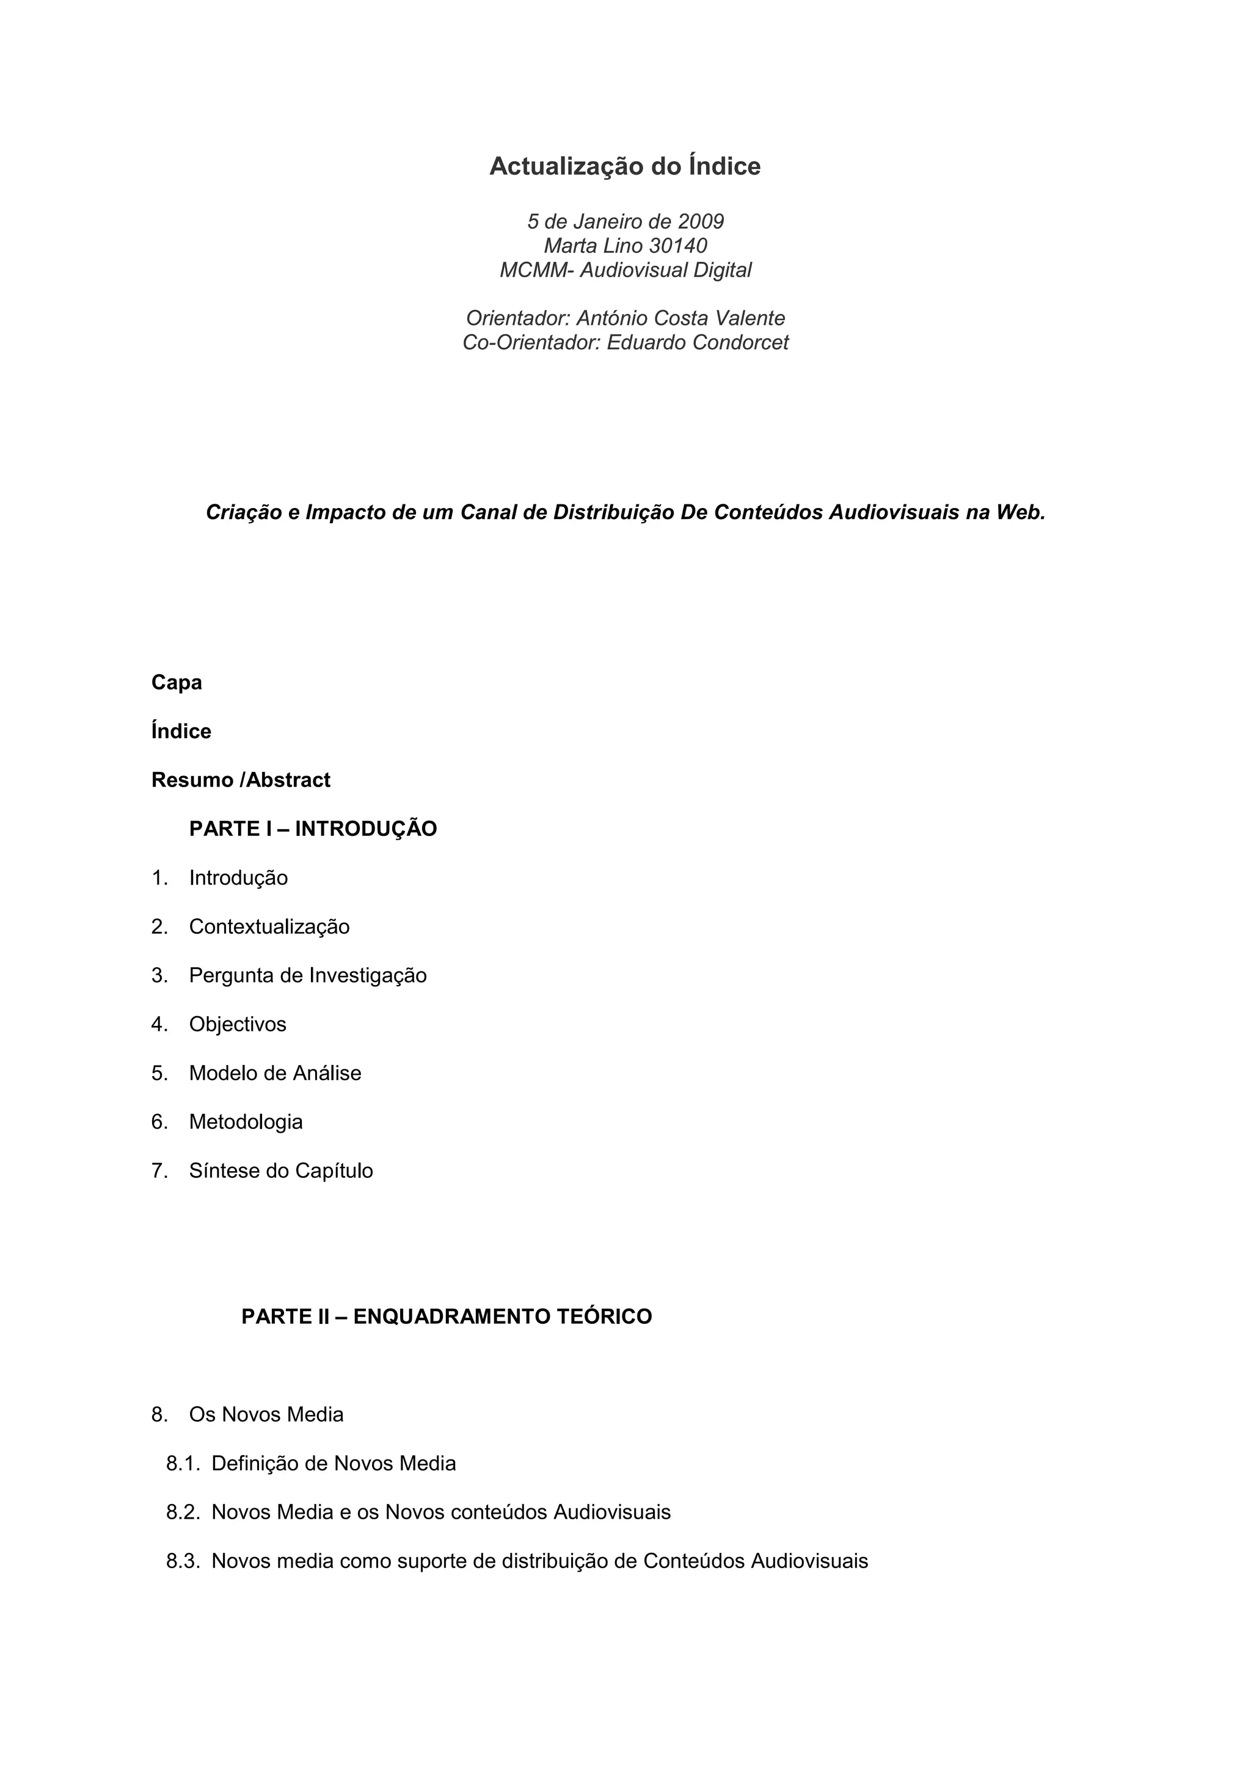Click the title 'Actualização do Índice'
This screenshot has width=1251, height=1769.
coord(625,167)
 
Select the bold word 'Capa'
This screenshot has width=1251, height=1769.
coord(177,683)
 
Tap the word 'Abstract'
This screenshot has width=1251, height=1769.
coord(288,780)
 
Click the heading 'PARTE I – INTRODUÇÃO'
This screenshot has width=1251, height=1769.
coord(313,829)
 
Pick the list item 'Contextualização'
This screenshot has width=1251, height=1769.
coord(269,927)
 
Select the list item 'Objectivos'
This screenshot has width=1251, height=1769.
coord(238,1025)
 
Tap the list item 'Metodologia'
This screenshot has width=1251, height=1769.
coord(246,1122)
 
